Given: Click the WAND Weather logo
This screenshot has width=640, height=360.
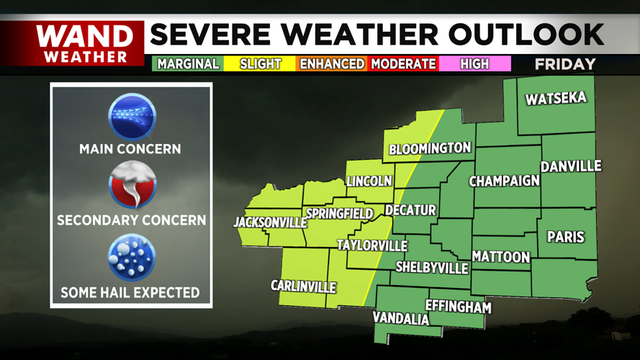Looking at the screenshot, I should click(84, 43).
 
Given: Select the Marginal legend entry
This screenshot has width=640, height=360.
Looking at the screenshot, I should click(188, 64).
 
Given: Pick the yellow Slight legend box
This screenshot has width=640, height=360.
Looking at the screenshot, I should click(260, 64).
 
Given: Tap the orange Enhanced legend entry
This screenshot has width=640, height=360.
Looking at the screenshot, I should click(332, 64).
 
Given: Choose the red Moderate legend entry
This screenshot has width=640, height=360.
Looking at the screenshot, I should click(403, 64).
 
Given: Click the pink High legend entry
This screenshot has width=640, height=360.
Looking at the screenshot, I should click(474, 64).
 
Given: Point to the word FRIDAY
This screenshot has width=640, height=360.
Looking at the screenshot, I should click(565, 64).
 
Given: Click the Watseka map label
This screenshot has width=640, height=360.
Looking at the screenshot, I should click(556, 99).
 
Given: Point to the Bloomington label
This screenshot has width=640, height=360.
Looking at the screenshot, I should click(430, 149).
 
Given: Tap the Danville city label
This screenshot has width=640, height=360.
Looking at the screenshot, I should click(571, 166).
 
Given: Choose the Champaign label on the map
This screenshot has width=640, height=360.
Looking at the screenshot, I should click(504, 181).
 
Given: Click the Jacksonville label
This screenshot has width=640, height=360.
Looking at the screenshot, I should click(270, 222).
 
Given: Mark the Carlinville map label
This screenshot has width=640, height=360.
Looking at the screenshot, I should click(303, 287).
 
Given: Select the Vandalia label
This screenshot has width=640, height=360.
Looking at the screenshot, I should click(400, 318).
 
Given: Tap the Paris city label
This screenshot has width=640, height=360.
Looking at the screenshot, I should click(566, 236).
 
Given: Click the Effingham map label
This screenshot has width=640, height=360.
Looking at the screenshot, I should click(458, 307).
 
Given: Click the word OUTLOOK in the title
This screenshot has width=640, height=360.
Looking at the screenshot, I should click(526, 34).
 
